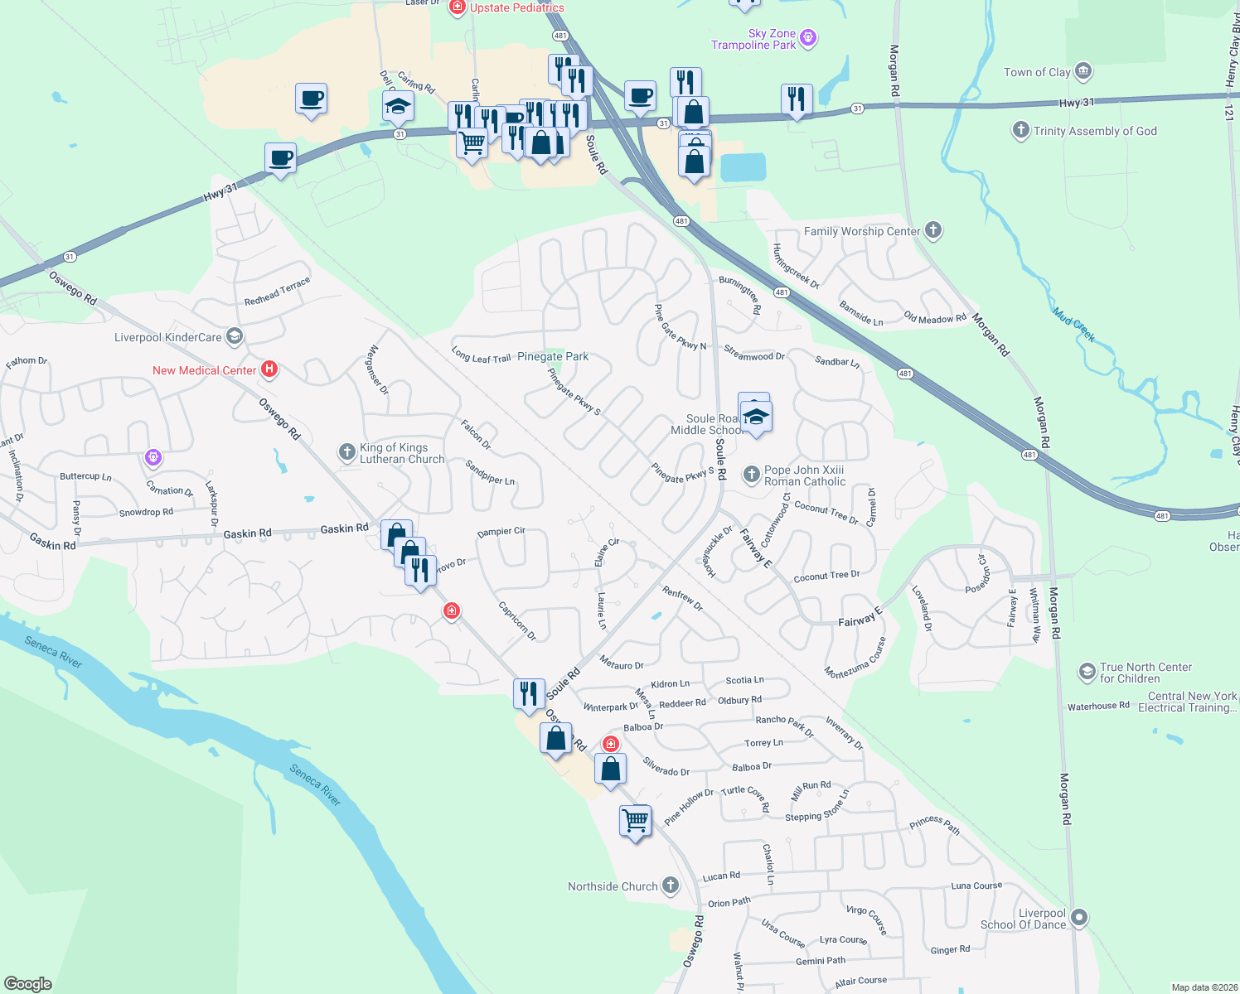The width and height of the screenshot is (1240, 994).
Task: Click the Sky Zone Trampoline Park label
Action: [x=753, y=39]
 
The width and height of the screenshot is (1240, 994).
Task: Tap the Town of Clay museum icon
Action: [x=1083, y=72]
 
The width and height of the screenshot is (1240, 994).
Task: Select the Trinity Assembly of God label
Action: [x=1094, y=131]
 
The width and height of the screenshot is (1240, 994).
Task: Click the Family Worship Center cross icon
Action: [x=933, y=230]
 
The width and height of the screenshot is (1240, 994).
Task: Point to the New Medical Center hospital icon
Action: [x=269, y=369]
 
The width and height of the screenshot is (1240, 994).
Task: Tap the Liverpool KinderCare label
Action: [x=168, y=337]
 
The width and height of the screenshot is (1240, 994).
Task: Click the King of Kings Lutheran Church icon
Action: [x=347, y=452]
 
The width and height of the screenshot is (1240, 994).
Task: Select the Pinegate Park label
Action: [x=553, y=357]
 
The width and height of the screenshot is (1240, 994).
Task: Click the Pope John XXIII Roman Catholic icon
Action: [x=751, y=475]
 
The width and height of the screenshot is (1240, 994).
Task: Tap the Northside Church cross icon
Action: [x=671, y=885]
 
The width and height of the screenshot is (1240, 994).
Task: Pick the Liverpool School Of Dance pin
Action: [x=1078, y=918]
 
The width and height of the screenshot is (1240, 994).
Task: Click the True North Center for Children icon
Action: [x=1087, y=672]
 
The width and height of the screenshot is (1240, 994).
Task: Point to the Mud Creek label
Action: [x=1074, y=325]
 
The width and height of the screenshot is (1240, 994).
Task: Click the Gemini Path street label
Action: [x=821, y=961]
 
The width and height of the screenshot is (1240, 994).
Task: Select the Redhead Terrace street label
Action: [x=277, y=292]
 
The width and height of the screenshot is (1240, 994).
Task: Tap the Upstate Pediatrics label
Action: [x=517, y=7]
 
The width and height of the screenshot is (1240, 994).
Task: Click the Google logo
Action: [x=27, y=983]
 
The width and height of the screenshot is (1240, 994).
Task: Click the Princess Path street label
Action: [x=934, y=824]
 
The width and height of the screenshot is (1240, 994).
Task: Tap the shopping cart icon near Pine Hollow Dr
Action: [x=635, y=821]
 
